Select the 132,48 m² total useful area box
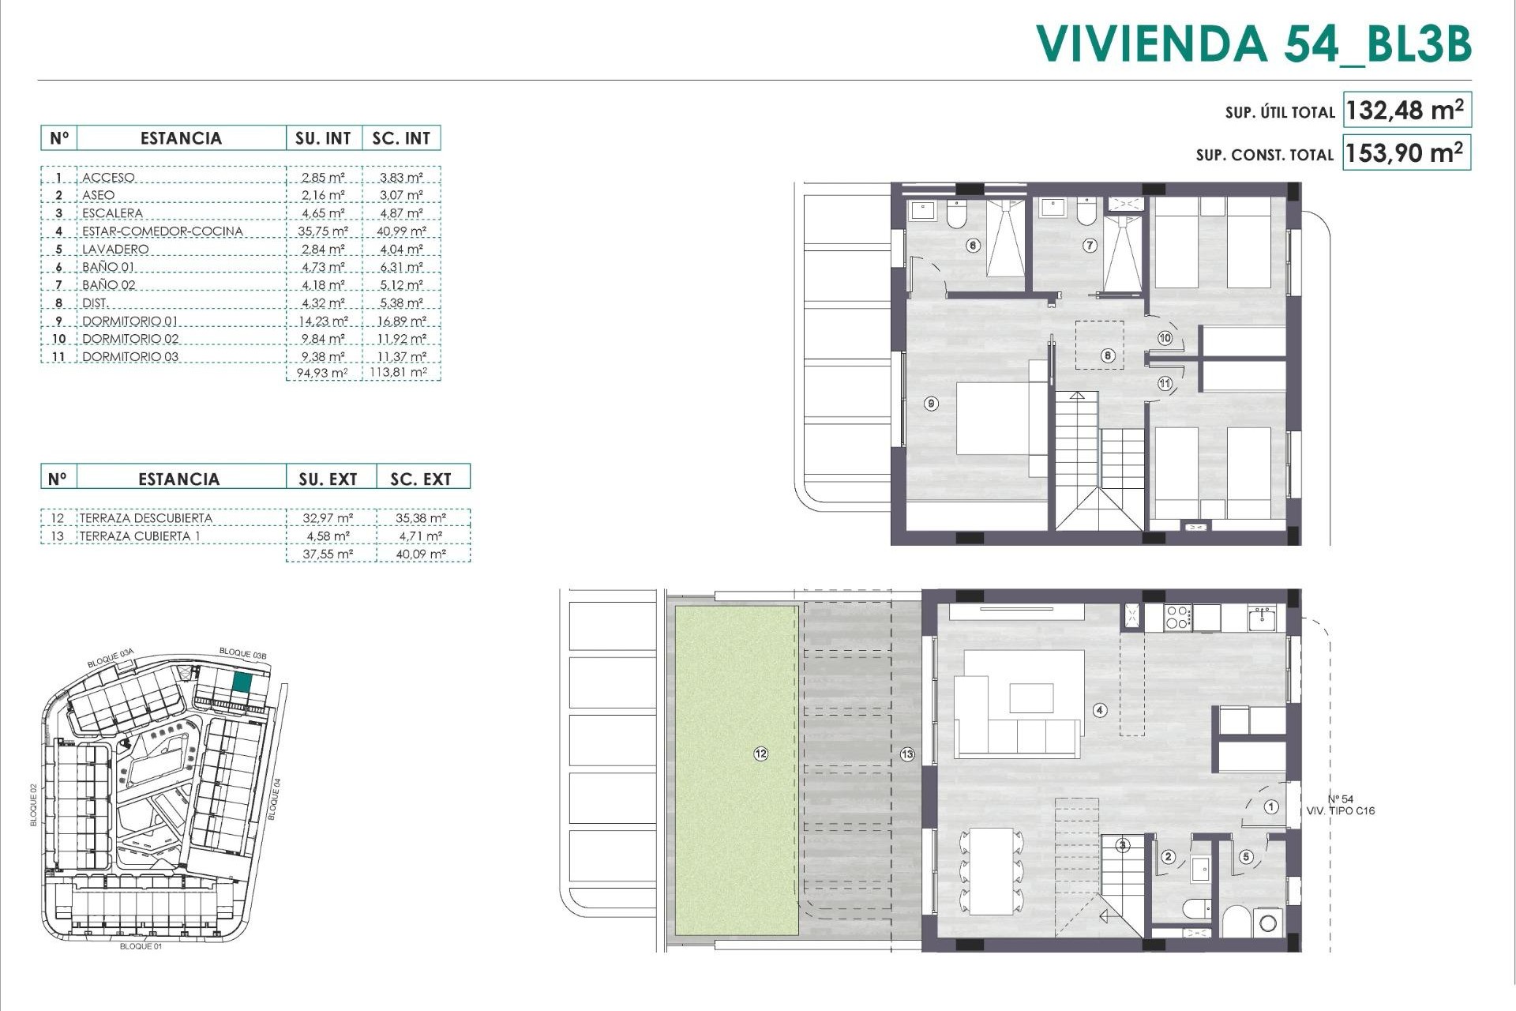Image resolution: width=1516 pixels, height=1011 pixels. click(x=1405, y=111)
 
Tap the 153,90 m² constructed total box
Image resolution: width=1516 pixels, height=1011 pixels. click(x=1405, y=152)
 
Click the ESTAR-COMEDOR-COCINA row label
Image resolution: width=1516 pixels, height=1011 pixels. click(x=162, y=231)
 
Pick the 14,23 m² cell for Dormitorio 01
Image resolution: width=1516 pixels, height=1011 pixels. click(x=323, y=321)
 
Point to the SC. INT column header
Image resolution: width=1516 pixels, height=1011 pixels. click(x=401, y=138)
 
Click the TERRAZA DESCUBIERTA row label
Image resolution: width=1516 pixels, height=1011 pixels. click(x=145, y=518)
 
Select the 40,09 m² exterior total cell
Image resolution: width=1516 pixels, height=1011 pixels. click(x=421, y=554)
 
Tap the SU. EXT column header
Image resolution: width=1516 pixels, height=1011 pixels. click(x=328, y=479)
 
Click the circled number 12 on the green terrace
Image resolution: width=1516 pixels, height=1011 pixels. click(x=760, y=754)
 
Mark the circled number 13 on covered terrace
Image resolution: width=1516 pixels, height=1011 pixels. click(x=907, y=754)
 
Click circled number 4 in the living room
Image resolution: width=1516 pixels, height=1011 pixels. click(x=1100, y=710)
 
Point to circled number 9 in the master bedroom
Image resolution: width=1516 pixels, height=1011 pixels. click(x=932, y=404)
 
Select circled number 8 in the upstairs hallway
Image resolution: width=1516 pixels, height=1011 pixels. click(x=1108, y=355)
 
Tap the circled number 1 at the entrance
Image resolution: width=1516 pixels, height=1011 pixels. click(x=1271, y=807)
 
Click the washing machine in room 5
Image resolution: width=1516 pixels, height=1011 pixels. click(x=1268, y=923)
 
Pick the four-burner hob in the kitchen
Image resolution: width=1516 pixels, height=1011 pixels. click(x=1177, y=617)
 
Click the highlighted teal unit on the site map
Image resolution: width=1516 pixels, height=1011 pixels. click(x=242, y=683)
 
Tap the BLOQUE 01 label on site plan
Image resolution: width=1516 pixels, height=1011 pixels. click(x=141, y=946)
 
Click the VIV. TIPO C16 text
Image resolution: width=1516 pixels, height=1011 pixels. click(x=1340, y=811)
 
